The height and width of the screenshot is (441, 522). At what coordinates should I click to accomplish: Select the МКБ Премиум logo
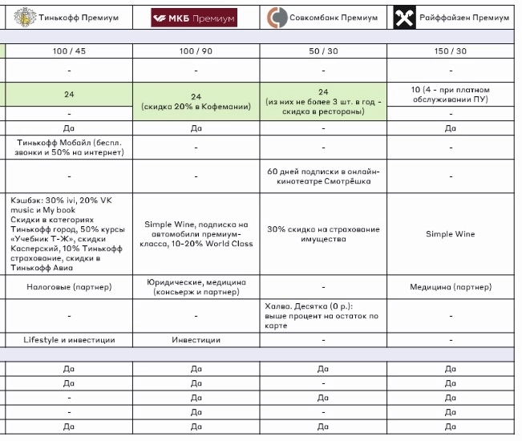click(x=195, y=16)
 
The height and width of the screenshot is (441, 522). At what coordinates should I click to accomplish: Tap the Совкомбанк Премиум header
click(x=323, y=16)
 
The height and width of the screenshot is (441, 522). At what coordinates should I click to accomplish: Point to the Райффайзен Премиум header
click(x=451, y=16)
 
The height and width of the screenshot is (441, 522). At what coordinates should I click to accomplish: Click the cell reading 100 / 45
click(x=68, y=51)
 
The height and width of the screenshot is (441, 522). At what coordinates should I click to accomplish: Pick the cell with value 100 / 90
click(x=196, y=51)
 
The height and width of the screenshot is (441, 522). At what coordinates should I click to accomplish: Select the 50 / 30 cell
click(x=322, y=51)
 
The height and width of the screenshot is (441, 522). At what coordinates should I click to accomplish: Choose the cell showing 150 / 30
click(x=451, y=51)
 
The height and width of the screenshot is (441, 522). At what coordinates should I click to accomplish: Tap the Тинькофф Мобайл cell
click(x=68, y=148)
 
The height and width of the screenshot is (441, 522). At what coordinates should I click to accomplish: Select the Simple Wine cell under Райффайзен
click(x=451, y=234)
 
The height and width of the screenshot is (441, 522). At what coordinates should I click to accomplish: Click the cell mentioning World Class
click(x=196, y=234)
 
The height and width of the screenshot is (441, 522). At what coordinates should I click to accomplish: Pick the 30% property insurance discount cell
click(x=322, y=234)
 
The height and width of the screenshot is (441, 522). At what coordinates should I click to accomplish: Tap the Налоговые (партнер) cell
click(x=68, y=287)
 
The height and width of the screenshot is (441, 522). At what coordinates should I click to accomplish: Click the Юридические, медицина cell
click(x=196, y=287)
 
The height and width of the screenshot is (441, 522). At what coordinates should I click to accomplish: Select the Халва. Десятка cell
click(x=322, y=316)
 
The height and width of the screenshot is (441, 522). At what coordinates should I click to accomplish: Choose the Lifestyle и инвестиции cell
click(x=68, y=340)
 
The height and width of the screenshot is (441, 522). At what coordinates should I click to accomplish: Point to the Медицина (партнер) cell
click(x=451, y=287)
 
